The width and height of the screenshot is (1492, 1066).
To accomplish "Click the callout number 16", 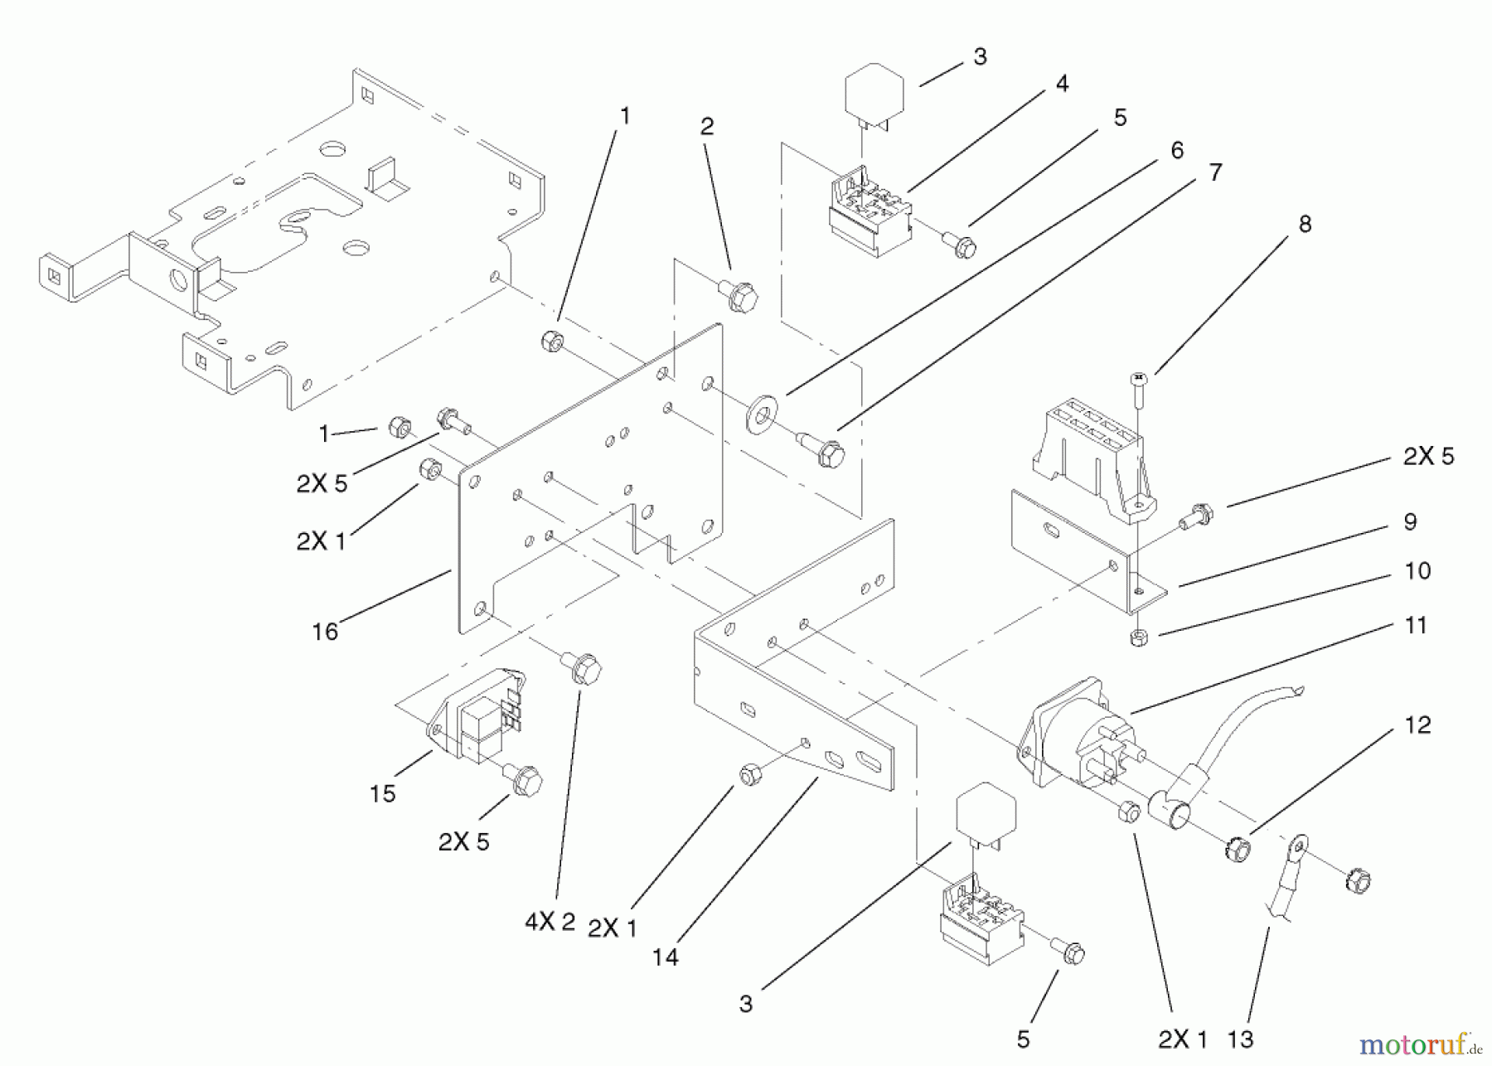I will click(x=325, y=632).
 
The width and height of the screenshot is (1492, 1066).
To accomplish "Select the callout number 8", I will click(x=1305, y=225).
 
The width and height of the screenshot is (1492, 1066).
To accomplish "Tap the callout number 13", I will click(x=1240, y=1039).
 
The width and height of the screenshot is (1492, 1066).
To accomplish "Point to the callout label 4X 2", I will click(x=550, y=922).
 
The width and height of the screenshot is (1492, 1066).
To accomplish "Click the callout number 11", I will click(x=1416, y=626).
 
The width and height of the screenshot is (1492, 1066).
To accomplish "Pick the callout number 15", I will click(x=382, y=794).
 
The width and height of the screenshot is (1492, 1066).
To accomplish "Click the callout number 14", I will click(x=665, y=957).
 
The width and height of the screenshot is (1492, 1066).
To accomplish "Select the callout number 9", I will click(x=1410, y=522).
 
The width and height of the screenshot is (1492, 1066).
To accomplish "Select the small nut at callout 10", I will click(x=1139, y=637).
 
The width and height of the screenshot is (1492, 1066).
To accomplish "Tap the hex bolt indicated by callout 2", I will click(x=740, y=296).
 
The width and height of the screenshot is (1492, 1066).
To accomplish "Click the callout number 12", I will click(x=1417, y=725).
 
